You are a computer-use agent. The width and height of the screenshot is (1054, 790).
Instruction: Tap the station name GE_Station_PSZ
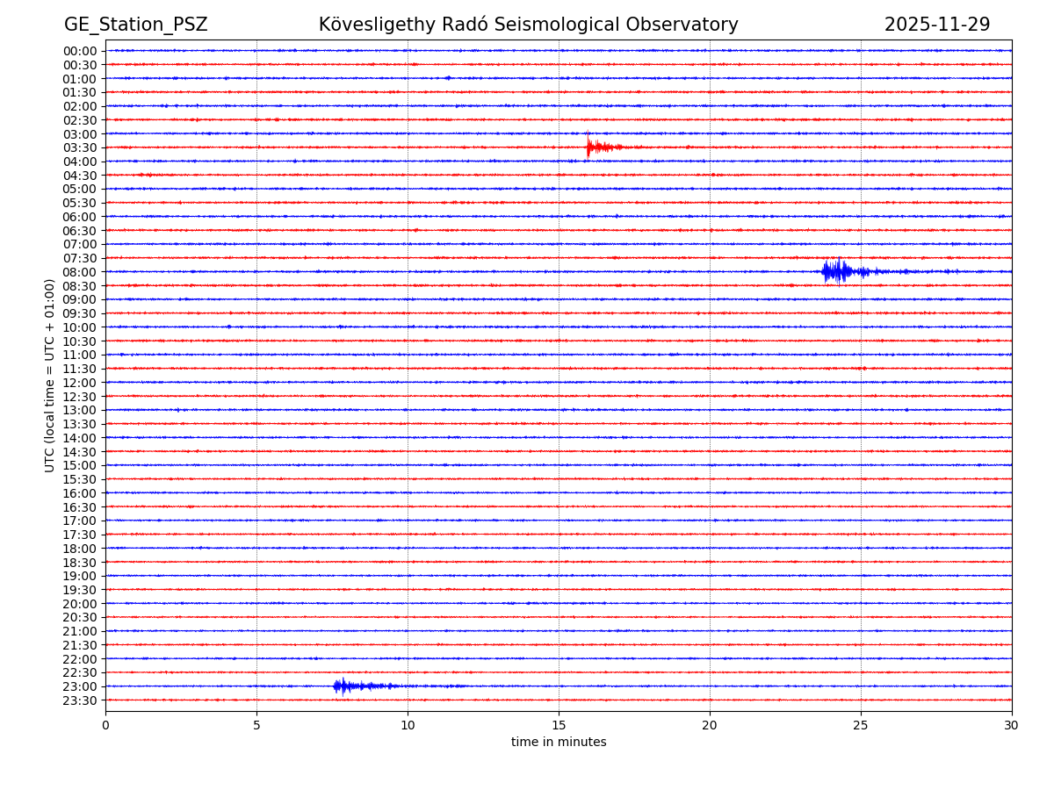click(x=135, y=25)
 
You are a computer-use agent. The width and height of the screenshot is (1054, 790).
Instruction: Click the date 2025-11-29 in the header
click(x=936, y=25)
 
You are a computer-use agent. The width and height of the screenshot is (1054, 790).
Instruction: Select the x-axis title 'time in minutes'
click(x=559, y=743)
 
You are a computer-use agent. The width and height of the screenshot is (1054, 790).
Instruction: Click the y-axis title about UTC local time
click(x=50, y=375)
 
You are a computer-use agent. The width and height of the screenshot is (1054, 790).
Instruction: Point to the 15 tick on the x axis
click(x=559, y=725)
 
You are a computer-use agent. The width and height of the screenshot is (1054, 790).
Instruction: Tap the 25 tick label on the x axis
click(x=861, y=725)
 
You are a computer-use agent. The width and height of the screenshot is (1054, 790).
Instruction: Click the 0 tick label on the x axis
click(x=105, y=725)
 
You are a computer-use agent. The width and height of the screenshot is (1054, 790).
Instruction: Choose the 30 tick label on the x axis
click(x=1012, y=725)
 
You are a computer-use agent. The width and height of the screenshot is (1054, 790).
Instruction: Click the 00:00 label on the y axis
click(x=80, y=51)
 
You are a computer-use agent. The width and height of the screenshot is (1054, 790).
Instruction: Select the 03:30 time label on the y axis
click(x=80, y=147)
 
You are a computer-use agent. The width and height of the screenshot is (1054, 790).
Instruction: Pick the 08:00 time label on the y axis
click(x=80, y=272)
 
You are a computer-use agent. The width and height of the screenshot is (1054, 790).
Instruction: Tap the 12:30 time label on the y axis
click(x=80, y=397)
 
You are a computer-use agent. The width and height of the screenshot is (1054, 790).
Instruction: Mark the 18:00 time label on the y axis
click(x=80, y=549)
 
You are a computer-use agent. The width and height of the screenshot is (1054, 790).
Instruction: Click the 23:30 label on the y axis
click(x=80, y=700)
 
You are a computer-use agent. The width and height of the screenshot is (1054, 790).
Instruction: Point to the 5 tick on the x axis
click(x=256, y=725)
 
